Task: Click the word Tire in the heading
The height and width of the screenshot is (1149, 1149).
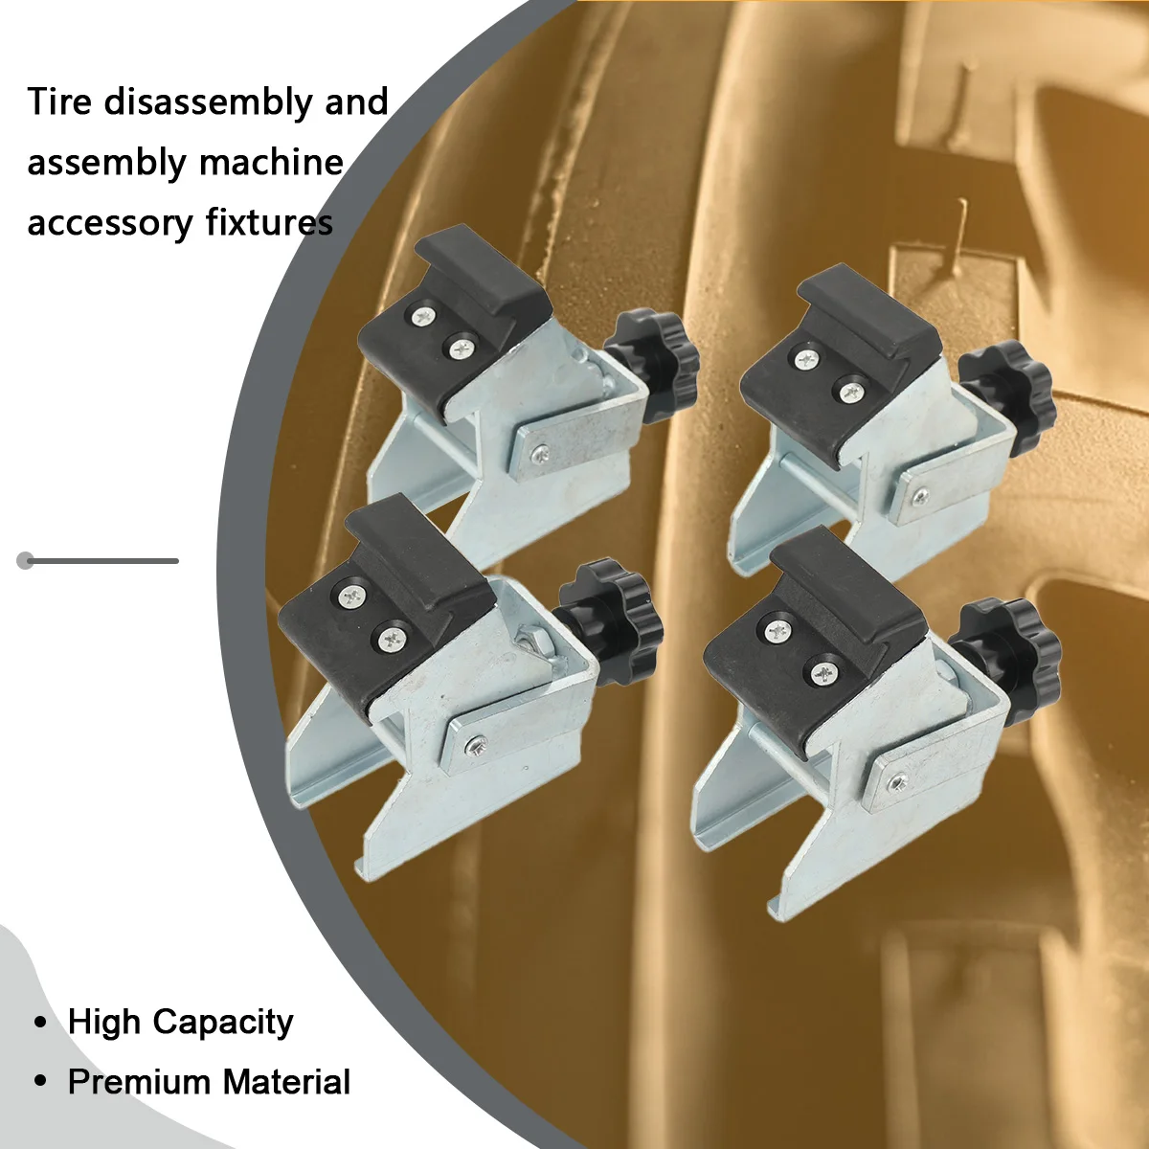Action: coord(59,101)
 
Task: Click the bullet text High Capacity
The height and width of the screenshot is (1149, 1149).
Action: coord(180,1023)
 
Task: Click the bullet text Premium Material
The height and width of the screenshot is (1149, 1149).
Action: coord(209,1082)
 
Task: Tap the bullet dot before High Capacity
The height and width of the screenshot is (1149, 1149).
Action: coord(40,1023)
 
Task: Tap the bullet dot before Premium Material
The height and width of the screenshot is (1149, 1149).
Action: coord(40,1082)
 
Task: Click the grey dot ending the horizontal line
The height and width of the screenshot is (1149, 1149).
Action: coord(26,560)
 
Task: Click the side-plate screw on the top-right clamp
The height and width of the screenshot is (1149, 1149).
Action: coord(920,497)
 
